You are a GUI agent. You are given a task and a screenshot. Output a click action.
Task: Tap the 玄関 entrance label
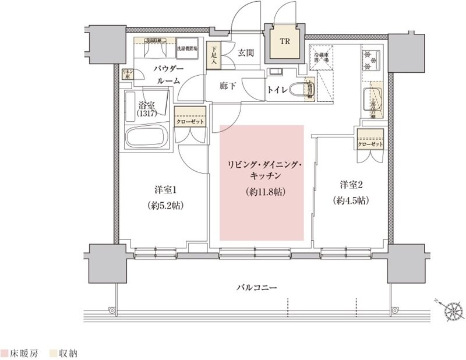pos(246,53)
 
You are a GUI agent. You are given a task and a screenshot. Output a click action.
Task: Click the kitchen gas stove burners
pos(371,60)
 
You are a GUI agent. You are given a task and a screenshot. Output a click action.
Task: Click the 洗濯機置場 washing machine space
pos(187,48)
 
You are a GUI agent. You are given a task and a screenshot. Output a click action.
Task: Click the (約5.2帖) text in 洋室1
pos(163,206)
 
